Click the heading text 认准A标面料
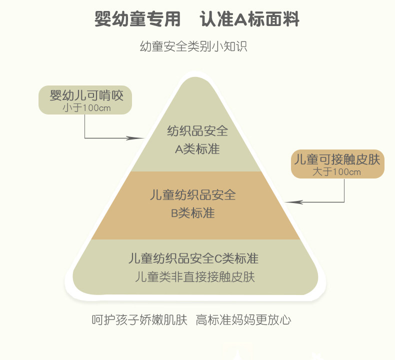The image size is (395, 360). [249, 19]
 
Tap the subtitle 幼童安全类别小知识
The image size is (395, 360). [194, 47]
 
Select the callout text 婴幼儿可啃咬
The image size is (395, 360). [86, 95]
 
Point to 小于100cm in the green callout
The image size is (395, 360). [86, 107]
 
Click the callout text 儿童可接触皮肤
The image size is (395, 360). [337, 160]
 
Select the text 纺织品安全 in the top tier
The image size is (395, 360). [197, 131]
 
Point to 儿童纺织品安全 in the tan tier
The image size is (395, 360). [192, 194]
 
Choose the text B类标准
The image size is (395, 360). [192, 212]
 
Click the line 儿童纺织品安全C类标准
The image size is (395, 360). [193, 258]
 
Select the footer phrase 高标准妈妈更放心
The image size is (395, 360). [243, 319]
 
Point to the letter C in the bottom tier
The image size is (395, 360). [217, 259]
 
